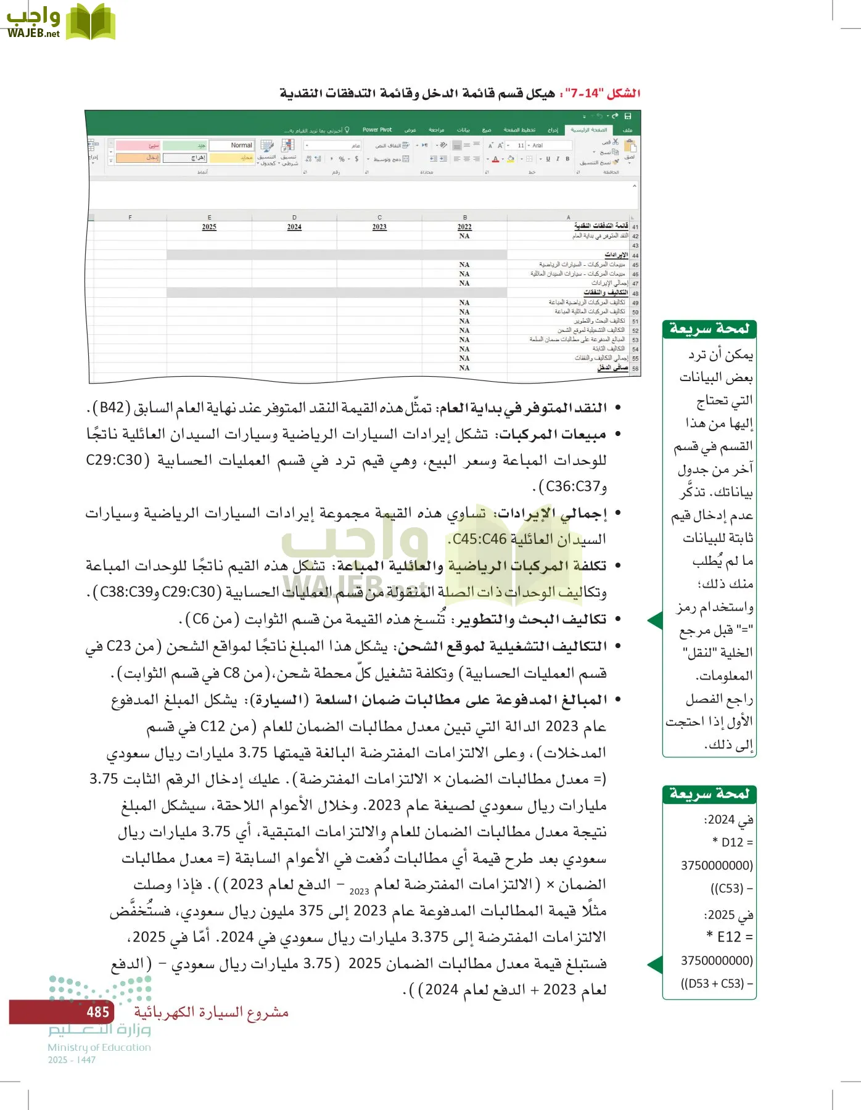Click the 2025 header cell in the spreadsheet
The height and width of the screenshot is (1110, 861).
point(209,227)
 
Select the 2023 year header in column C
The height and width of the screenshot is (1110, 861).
point(379,227)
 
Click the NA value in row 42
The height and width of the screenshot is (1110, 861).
point(464,236)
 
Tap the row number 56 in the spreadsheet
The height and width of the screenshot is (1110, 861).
point(635,369)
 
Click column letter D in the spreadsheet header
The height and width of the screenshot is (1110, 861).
point(294,217)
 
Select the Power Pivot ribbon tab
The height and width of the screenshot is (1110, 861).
point(377,130)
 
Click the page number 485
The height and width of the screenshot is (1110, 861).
point(97,1012)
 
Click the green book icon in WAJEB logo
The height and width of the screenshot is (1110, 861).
point(90,22)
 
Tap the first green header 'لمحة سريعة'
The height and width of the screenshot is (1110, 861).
point(709,329)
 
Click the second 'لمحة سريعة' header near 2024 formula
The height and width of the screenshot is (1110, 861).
point(709,794)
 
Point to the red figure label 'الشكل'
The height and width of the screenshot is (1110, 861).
point(624,94)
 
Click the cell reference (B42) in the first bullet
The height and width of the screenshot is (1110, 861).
point(112,408)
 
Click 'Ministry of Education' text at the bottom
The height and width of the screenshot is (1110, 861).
point(99,1047)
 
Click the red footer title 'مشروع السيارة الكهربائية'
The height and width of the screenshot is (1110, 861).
point(211,1012)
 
